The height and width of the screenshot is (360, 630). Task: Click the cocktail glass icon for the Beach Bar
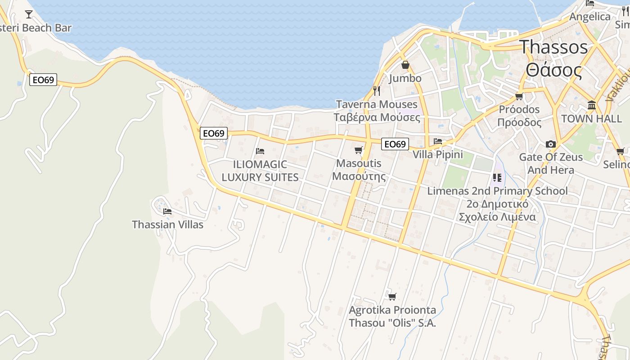(29, 14)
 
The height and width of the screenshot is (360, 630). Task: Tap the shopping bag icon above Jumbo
(405, 65)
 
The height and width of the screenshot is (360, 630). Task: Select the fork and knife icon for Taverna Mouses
(377, 91)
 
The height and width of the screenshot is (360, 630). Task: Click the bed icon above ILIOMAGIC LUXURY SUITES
(260, 151)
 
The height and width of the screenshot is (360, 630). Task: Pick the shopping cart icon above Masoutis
(358, 150)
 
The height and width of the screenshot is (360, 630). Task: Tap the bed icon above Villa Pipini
(437, 141)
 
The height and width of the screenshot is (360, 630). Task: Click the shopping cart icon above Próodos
(519, 96)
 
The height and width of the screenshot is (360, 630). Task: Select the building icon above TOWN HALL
(591, 105)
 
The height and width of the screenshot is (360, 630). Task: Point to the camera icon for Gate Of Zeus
(550, 144)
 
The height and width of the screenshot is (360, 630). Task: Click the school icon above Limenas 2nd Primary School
(497, 178)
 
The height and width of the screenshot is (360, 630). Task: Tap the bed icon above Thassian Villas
(167, 211)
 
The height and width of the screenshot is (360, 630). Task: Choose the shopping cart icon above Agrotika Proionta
(392, 297)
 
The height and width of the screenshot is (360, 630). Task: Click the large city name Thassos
(553, 47)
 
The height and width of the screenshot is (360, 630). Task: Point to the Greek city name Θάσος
(553, 71)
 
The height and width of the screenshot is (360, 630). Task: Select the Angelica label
(590, 17)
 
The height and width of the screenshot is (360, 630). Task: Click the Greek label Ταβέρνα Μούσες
(377, 118)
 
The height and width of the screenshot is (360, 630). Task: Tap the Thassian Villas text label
(167, 225)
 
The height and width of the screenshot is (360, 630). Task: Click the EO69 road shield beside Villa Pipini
(395, 144)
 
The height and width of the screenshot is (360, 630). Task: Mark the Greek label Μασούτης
(359, 176)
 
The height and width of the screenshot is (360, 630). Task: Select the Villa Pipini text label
(437, 155)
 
